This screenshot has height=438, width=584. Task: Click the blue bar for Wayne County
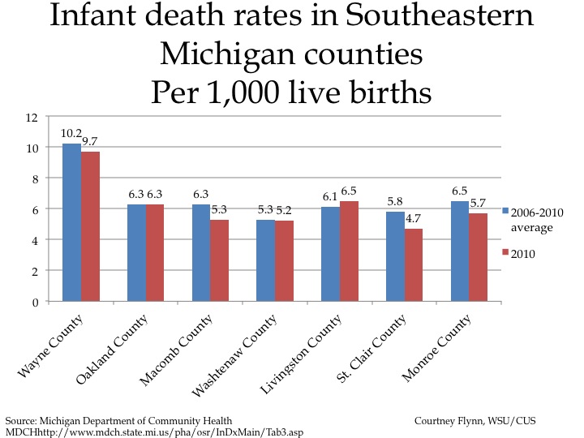71,222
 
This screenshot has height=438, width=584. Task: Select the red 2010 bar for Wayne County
90,226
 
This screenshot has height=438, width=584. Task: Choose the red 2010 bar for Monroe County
478,257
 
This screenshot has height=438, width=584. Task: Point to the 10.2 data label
71,133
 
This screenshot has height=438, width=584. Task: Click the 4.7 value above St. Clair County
414,218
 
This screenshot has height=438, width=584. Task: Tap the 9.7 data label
90,141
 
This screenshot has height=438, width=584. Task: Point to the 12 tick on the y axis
32,118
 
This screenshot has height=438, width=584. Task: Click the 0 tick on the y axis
36,302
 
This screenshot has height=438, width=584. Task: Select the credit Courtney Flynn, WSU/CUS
474,421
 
